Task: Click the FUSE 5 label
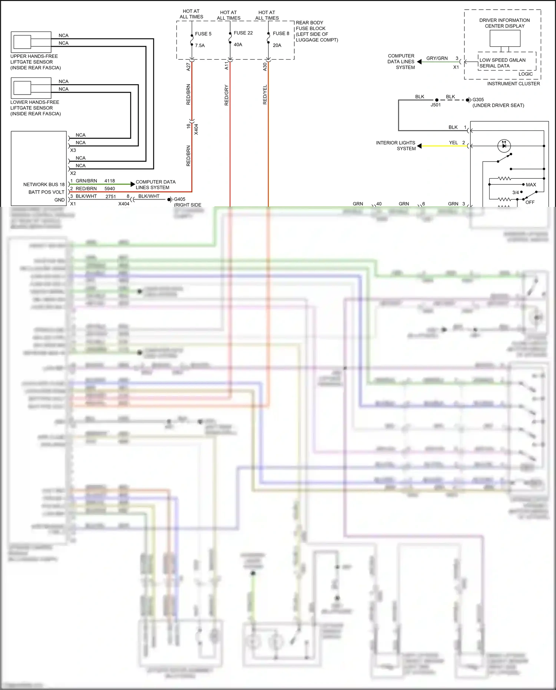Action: [x=203, y=34]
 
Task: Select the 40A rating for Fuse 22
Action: [x=238, y=44]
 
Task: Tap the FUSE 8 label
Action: [x=281, y=33]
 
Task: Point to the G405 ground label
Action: [x=180, y=199]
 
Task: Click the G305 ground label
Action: [x=478, y=100]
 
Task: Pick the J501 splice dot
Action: [x=437, y=100]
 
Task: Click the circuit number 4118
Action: [x=110, y=181]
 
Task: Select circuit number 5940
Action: [x=110, y=189]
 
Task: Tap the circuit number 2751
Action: [x=111, y=197]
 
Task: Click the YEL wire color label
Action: [x=453, y=143]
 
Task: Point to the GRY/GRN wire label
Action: [x=437, y=58]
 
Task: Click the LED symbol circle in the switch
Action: [x=504, y=146]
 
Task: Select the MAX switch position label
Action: [x=531, y=185]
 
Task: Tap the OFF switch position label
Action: [x=530, y=202]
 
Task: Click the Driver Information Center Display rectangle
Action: [x=505, y=38]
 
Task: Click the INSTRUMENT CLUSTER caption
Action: [x=513, y=84]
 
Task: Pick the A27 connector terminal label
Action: [x=188, y=67]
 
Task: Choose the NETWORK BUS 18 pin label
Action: [x=44, y=185]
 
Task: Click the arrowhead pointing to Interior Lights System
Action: [x=419, y=146]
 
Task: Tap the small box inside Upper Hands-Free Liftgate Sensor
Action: [x=22, y=42]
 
